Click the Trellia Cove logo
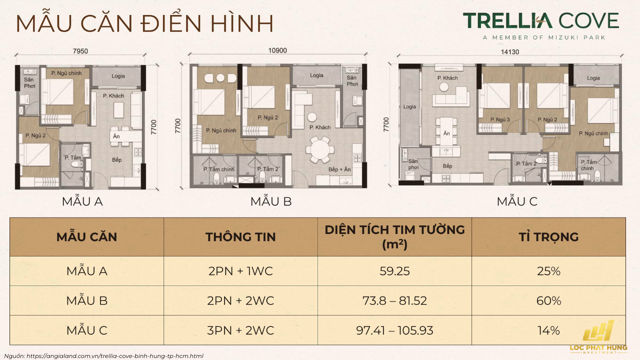tap(540, 24)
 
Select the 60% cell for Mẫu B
tap(548, 300)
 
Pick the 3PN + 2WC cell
tap(240, 330)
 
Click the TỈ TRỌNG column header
tap(548, 236)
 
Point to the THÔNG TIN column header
tap(240, 236)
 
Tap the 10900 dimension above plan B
tap(278, 50)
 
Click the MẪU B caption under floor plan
tap(271, 201)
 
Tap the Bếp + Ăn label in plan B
tap(340, 169)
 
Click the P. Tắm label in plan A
tap(73, 157)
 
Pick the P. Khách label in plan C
tap(447, 78)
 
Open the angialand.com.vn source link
tap(114, 356)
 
